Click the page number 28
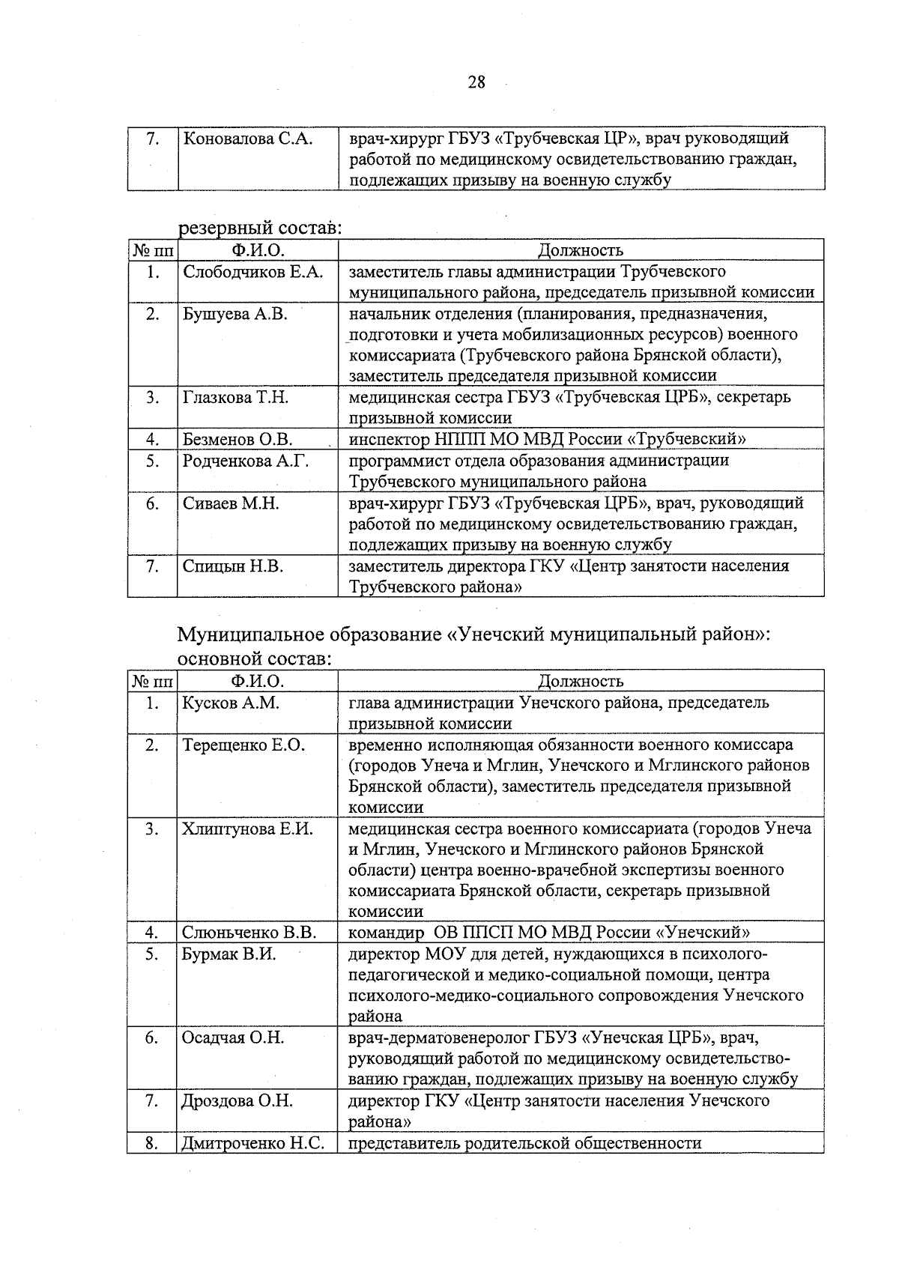476,82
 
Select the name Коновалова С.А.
247,139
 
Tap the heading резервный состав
259,228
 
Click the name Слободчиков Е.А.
252,272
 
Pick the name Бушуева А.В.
234,314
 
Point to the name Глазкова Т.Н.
235,397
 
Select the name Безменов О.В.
237,439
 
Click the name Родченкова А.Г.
246,461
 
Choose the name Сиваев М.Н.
231,503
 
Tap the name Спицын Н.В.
232,566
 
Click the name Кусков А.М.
230,703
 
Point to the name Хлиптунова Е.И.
247,829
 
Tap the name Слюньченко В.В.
249,933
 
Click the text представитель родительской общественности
525,1143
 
